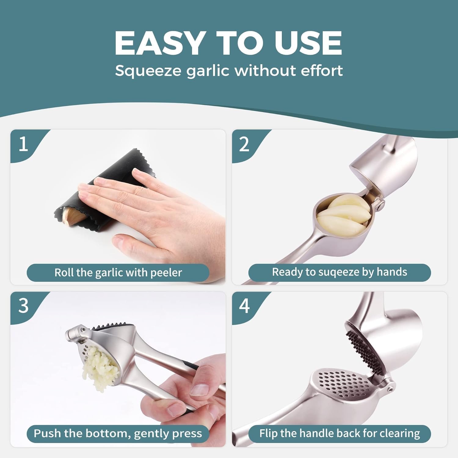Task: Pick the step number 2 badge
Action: tap(244, 144)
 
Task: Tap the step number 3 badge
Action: tap(24, 305)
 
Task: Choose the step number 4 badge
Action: tap(244, 305)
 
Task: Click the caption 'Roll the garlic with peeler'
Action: tap(118, 272)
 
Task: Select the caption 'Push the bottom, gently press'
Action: tap(118, 433)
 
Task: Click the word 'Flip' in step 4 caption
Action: tap(268, 433)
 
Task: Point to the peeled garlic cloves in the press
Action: tap(343, 215)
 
